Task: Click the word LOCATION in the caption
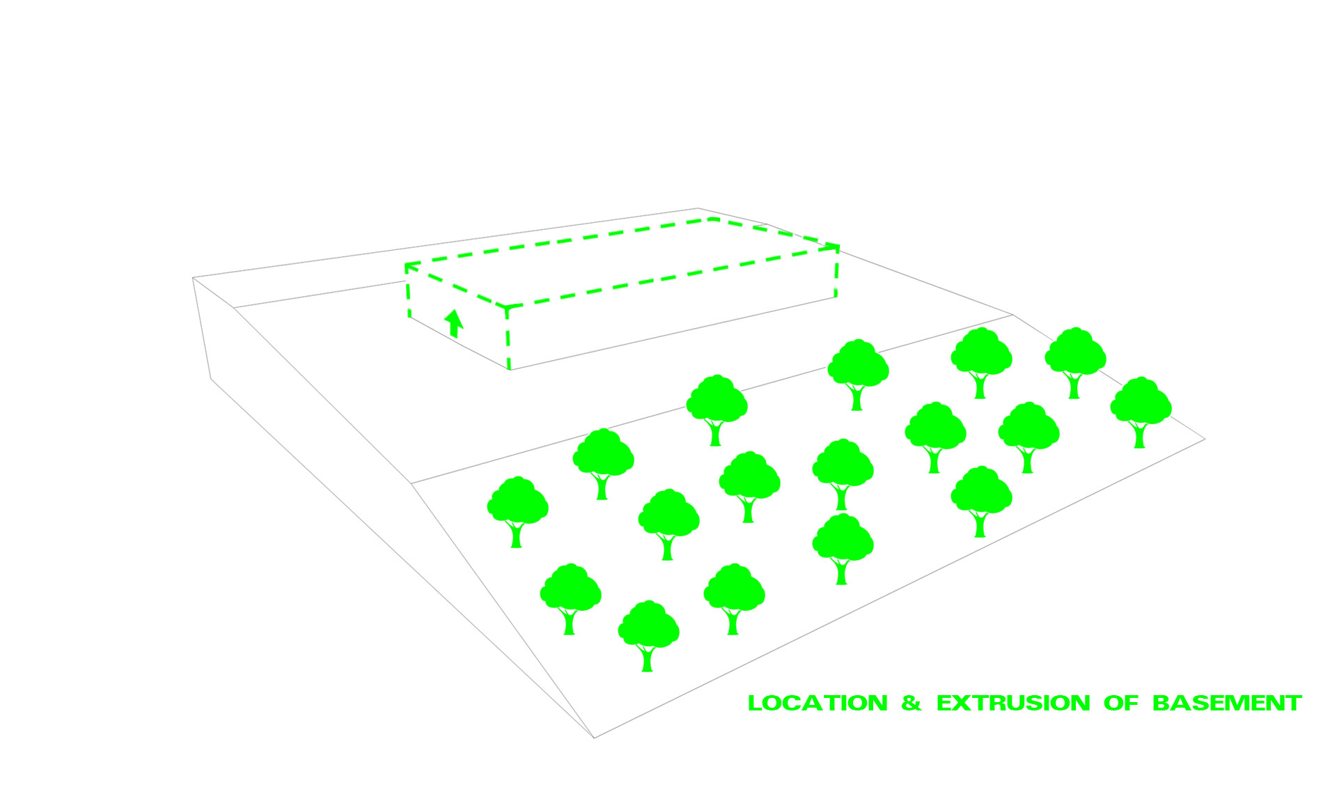click(818, 703)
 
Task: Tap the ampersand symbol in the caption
click(911, 703)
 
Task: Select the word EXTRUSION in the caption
click(1013, 703)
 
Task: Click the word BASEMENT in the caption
click(1227, 703)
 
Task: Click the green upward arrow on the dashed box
click(454, 323)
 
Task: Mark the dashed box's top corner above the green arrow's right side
click(506, 306)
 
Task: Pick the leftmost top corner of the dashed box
click(406, 264)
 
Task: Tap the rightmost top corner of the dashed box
click(838, 247)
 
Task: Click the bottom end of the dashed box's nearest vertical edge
click(509, 369)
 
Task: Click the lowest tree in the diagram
click(648, 636)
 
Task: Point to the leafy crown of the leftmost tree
click(517, 500)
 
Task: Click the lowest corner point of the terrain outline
click(594, 738)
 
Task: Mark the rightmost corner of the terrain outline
click(1205, 439)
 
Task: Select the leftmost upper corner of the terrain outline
click(193, 278)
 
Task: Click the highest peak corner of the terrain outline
click(698, 208)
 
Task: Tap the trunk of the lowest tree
click(647, 658)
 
